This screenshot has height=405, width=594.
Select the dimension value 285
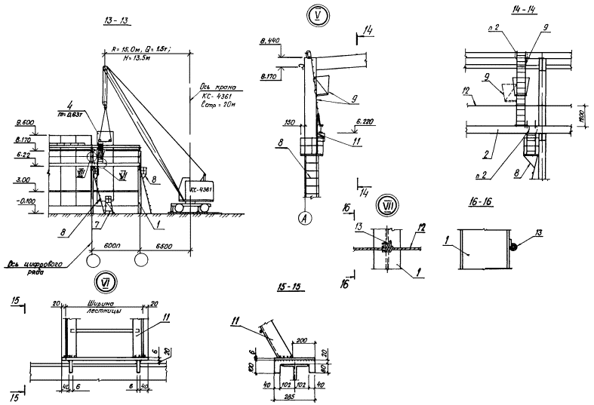pyautogui.click(x=291, y=395)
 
